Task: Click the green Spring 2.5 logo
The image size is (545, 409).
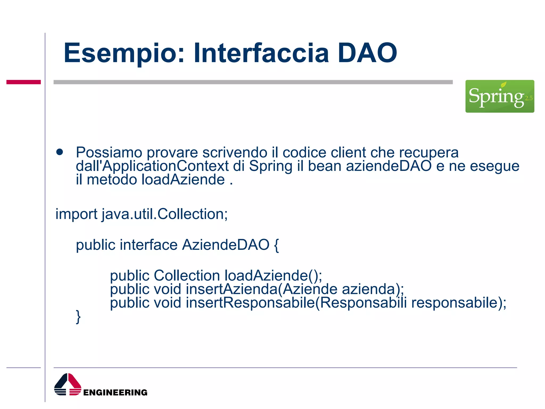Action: pyautogui.click(x=499, y=96)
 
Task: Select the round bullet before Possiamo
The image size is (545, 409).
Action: pyautogui.click(x=60, y=152)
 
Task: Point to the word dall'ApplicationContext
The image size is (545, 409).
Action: pyautogui.click(x=152, y=166)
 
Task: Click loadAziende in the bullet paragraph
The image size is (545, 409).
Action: pyautogui.click(x=183, y=180)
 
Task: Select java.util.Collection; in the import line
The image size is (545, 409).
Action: pyautogui.click(x=165, y=214)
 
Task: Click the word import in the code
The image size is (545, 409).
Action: pyautogui.click(x=76, y=214)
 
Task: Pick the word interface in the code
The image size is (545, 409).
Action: pyautogui.click(x=148, y=245)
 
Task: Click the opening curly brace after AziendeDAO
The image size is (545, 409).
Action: pyautogui.click(x=276, y=245)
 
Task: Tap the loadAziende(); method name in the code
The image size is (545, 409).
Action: pyautogui.click(x=273, y=275)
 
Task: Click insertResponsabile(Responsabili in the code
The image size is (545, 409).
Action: pyautogui.click(x=296, y=303)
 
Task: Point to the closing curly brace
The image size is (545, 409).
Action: pyautogui.click(x=78, y=317)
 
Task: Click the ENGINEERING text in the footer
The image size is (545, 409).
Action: pyautogui.click(x=115, y=392)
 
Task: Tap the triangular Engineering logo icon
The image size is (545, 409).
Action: pyautogui.click(x=68, y=385)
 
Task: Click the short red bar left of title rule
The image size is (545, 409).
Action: pyautogui.click(x=23, y=82)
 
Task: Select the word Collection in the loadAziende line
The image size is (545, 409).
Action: pyautogui.click(x=187, y=275)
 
